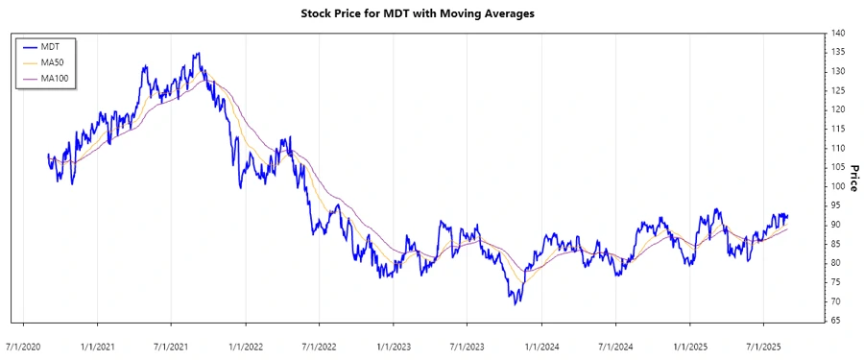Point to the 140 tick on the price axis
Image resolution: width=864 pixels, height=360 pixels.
click(838, 33)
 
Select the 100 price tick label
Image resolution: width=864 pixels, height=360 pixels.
click(838, 186)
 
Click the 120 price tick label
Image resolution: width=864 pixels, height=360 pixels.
click(838, 109)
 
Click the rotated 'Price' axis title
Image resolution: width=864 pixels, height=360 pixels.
click(852, 177)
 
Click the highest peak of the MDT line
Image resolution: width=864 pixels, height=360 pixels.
click(198, 54)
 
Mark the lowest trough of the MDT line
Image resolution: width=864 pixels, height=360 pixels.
click(516, 304)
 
